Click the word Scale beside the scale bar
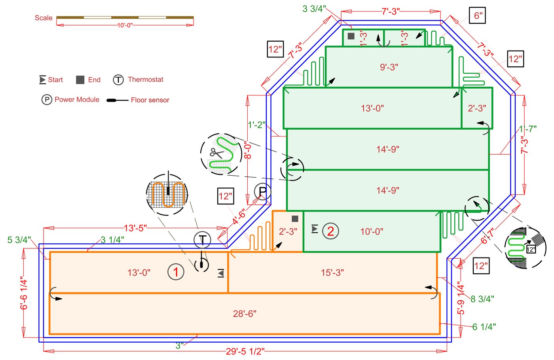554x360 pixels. click(44, 18)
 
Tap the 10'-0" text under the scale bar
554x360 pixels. click(125, 25)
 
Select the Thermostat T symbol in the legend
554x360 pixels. click(118, 80)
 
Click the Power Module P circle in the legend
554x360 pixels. click(47, 100)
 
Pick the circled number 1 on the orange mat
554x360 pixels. click(176, 272)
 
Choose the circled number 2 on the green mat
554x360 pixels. click(330, 231)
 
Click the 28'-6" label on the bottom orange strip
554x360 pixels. click(245, 314)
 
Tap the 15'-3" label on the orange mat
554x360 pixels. click(332, 273)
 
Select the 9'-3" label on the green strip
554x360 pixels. click(389, 67)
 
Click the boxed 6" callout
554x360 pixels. click(478, 16)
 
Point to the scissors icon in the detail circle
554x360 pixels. click(216, 153)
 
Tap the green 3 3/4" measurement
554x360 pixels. click(314, 9)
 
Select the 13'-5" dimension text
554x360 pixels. click(135, 228)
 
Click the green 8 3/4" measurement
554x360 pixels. click(482, 299)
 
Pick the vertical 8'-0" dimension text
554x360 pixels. click(248, 150)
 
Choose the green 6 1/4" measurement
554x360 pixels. click(484, 327)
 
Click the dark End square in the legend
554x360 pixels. click(80, 80)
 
